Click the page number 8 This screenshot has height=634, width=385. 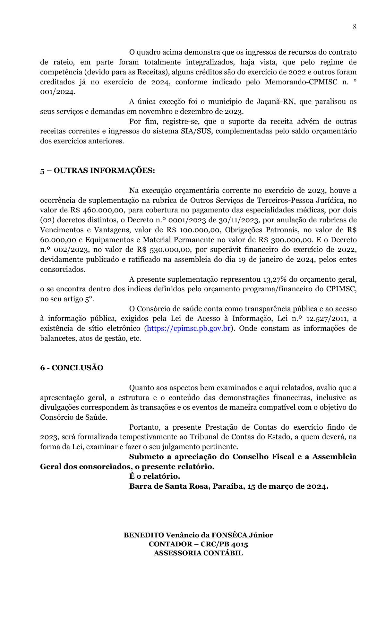(x=355, y=27)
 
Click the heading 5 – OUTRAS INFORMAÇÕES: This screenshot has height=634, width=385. (x=97, y=170)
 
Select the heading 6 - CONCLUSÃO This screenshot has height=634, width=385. (x=72, y=368)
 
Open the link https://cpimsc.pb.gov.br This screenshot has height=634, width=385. (x=188, y=329)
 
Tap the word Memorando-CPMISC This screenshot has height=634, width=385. (x=301, y=82)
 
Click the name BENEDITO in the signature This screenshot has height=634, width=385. (x=144, y=535)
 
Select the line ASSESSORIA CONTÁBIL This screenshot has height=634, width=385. (x=198, y=553)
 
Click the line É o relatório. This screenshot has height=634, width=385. (x=154, y=476)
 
